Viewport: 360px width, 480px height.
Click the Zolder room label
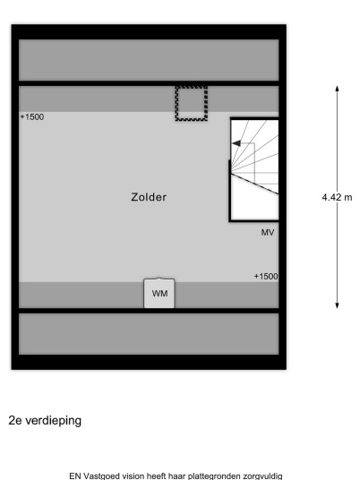pos(149,197)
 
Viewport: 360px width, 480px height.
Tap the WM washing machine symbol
pos(159,293)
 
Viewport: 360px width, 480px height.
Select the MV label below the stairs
pos(268,233)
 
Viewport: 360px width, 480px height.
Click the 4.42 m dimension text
pos(337,197)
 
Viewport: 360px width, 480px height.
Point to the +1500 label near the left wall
pos(32,117)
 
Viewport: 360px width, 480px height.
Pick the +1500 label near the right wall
pos(266,277)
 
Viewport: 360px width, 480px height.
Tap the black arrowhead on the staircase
pos(236,143)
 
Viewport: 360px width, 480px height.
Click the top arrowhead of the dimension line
pos(337,89)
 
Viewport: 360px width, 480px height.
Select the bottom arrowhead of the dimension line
pos(337,305)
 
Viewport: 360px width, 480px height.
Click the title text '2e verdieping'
pos(45,420)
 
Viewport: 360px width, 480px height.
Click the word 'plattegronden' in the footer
pos(214,476)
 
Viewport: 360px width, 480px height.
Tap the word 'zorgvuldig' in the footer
pos(262,476)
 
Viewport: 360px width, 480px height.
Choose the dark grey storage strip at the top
pos(149,60)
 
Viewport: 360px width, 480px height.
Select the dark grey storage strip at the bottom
pos(149,334)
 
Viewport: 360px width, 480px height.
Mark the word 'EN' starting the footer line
pos(75,476)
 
